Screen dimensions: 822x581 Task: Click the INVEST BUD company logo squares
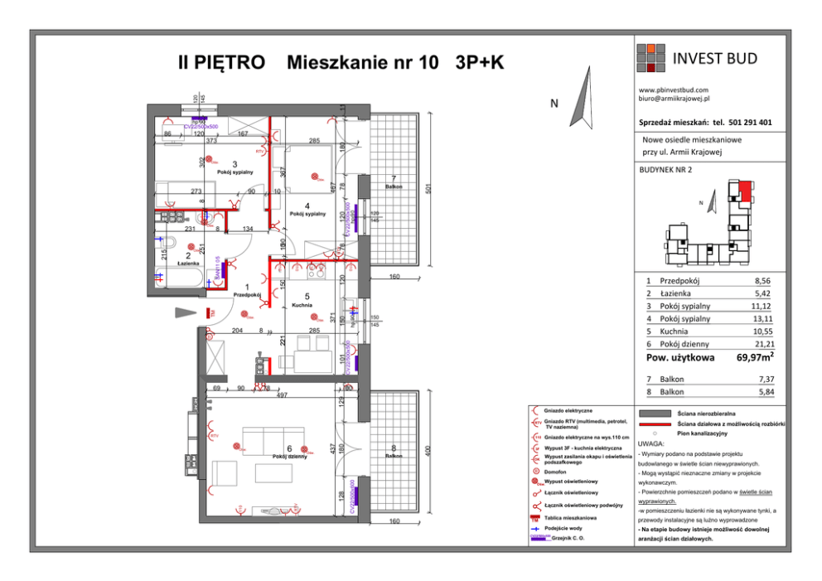(650, 58)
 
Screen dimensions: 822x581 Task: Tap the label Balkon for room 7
(393, 187)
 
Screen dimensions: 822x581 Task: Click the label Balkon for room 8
(394, 455)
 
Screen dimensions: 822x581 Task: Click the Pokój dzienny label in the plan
(290, 457)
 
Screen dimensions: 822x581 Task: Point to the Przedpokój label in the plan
(247, 295)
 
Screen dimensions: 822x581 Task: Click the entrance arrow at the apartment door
(187, 313)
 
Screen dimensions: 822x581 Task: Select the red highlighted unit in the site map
(746, 192)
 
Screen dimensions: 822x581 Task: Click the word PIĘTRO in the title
(233, 63)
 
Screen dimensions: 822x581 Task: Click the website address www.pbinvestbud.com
(679, 90)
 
